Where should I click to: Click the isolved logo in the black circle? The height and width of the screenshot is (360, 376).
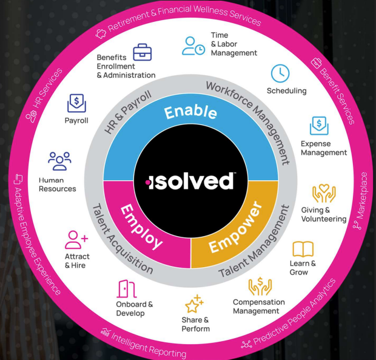pos(190,182)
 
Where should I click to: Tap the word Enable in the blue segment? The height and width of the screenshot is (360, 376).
pos(190,112)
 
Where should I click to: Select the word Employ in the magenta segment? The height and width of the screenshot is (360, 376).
pos(141,225)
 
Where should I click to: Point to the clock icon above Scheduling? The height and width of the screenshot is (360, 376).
pos(280,73)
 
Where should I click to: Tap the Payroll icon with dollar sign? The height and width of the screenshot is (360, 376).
pos(76,103)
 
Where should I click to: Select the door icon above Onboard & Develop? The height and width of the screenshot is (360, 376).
pos(126,289)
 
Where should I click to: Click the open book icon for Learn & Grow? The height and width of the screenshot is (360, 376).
pos(303,249)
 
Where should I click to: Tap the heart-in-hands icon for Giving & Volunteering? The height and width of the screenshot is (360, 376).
pos(323,194)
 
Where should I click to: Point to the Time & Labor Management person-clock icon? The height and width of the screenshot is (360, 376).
pos(193,46)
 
